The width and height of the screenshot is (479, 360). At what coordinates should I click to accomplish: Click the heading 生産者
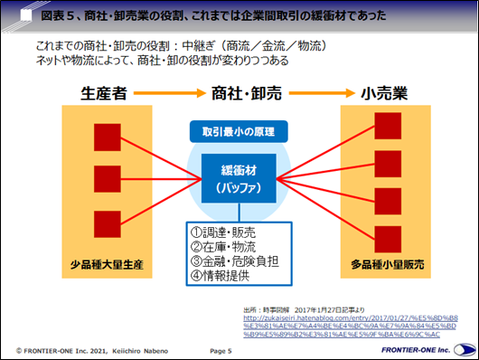pos(108,92)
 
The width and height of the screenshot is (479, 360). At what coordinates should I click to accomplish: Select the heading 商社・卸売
pos(240,92)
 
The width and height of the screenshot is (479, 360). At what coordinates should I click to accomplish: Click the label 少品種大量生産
pos(108,268)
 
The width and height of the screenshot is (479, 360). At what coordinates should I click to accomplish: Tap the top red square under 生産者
pos(107,136)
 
